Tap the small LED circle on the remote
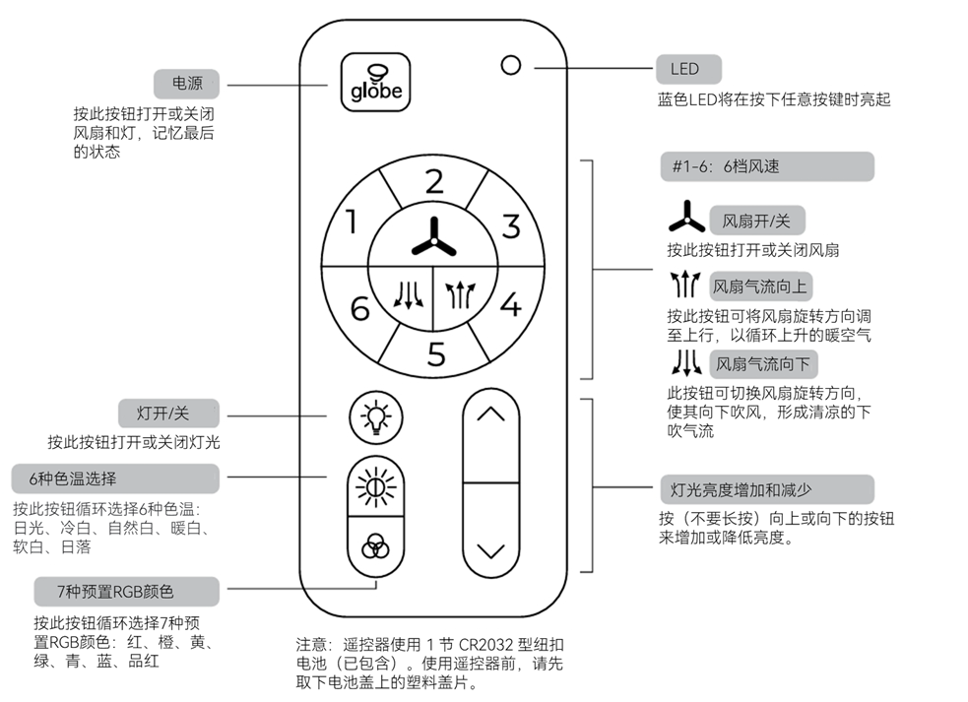[510, 66]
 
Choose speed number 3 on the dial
[510, 226]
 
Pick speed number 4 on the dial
[510, 304]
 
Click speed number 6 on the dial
[359, 307]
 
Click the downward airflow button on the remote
[405, 293]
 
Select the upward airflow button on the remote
[460, 293]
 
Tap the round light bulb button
[375, 417]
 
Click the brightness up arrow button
[490, 415]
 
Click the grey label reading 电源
[186, 83]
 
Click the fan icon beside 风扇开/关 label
[686, 218]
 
